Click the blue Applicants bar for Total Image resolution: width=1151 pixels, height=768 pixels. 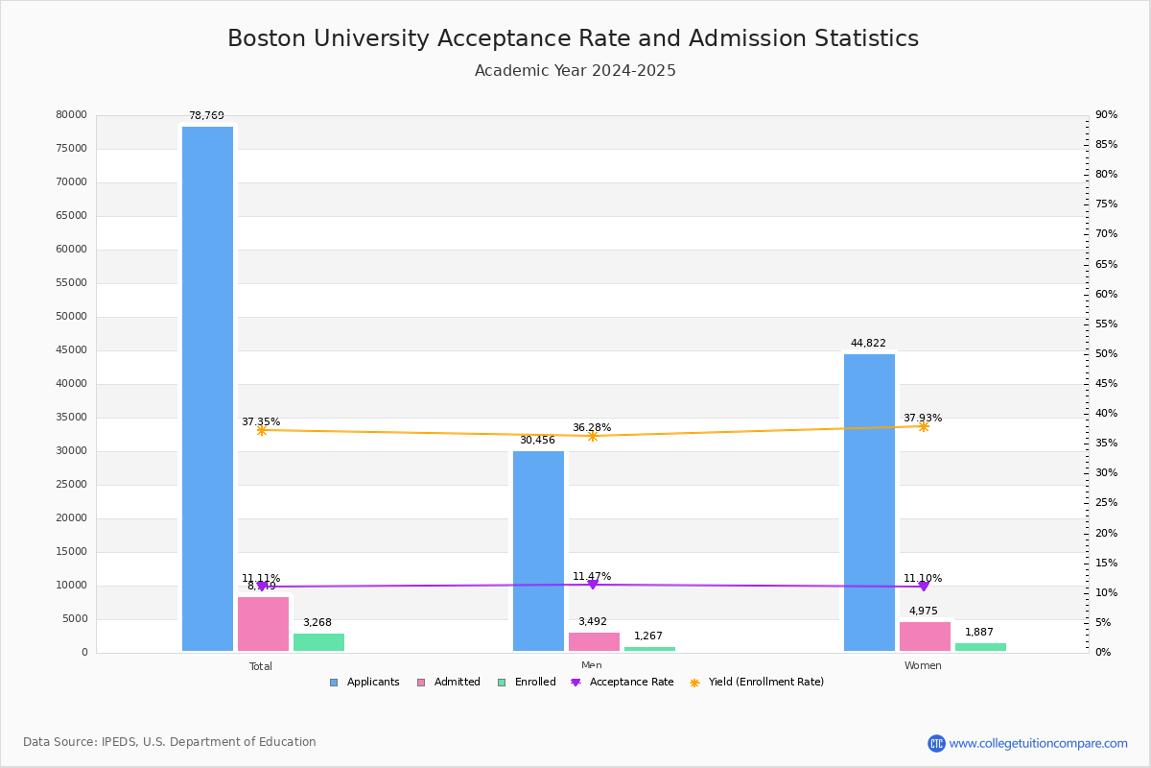pyautogui.click(x=207, y=389)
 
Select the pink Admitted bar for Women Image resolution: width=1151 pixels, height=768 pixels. pyautogui.click(x=925, y=636)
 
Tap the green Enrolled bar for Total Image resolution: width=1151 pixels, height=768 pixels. pyautogui.click(x=318, y=642)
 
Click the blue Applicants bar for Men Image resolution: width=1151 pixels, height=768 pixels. pyautogui.click(x=538, y=551)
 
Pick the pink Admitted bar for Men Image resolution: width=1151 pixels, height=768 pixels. pyautogui.click(x=594, y=641)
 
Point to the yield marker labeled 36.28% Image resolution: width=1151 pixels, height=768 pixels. pyautogui.click(x=592, y=436)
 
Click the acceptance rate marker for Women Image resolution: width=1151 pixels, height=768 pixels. pyautogui.click(x=923, y=586)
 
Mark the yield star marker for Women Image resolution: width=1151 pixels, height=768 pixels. pyautogui.click(x=923, y=426)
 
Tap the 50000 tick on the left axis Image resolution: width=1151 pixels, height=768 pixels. pyautogui.click(x=71, y=317)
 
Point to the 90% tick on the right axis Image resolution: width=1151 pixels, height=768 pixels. pyautogui.click(x=1106, y=115)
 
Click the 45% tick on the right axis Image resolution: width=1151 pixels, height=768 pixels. pyautogui.click(x=1106, y=384)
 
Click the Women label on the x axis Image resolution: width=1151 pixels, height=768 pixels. pyautogui.click(x=923, y=666)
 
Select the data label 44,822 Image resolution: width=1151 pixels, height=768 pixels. pyautogui.click(x=868, y=344)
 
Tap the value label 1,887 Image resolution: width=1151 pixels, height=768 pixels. pyautogui.click(x=979, y=633)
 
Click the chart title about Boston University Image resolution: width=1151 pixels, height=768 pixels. pyautogui.click(x=573, y=39)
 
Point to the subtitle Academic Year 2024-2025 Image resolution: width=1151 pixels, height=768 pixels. pyautogui.click(x=575, y=71)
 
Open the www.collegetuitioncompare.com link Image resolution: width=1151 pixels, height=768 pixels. pyautogui.click(x=1038, y=743)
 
